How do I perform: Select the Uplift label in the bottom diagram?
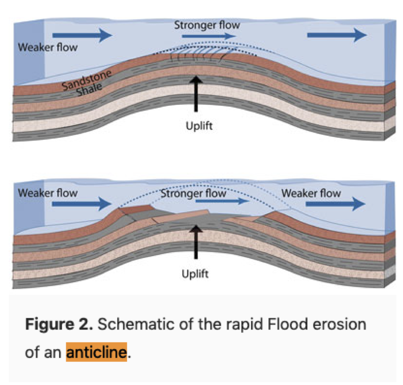[195, 273]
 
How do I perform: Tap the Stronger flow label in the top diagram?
[207, 25]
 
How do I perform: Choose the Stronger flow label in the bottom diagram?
[193, 193]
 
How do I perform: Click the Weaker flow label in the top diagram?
[47, 47]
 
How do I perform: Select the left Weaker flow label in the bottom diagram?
[47, 193]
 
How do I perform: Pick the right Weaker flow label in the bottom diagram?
[311, 193]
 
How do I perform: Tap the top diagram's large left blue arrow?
[82, 34]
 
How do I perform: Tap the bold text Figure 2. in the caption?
[59, 324]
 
